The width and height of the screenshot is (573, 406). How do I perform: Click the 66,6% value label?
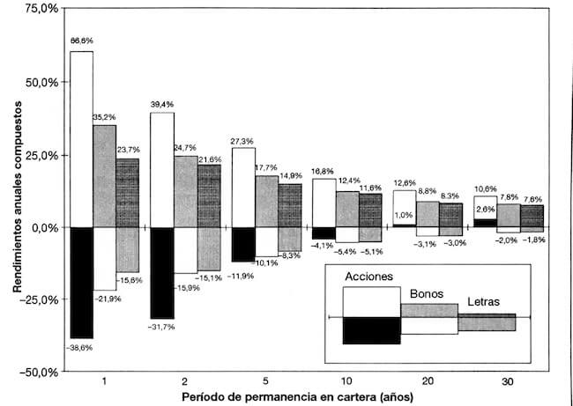coord(81,41)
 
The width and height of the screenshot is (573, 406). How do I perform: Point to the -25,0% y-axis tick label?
coord(41,299)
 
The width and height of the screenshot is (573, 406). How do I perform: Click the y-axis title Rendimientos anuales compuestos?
coord(17,188)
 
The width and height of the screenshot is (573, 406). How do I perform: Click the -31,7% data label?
coord(161,327)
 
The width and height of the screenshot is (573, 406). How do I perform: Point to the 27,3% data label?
coord(242,139)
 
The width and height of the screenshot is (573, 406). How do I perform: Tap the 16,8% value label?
coord(324,171)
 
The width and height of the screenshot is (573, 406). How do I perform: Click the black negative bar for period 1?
coord(81,282)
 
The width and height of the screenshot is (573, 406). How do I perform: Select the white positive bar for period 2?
coord(162,169)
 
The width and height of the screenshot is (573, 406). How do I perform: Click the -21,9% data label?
coord(104,299)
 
